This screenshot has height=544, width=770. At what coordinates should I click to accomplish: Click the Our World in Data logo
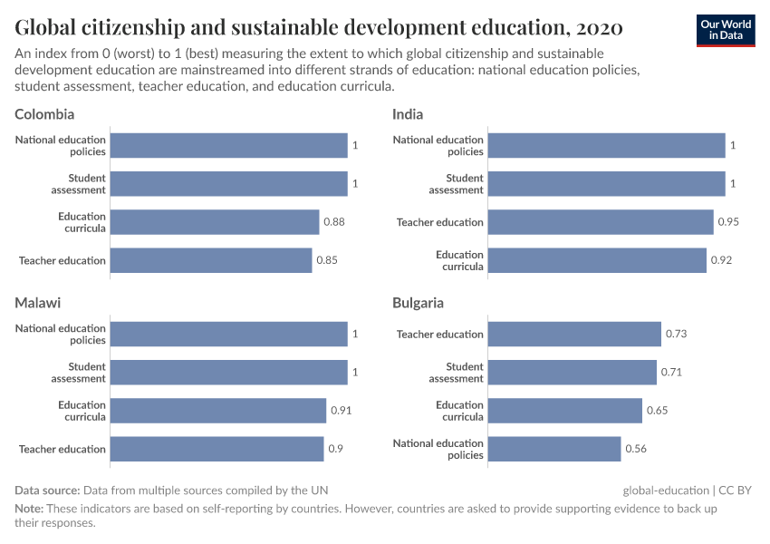[726, 29]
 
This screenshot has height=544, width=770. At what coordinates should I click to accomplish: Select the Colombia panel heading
[44, 114]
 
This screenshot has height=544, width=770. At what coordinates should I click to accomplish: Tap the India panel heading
[408, 114]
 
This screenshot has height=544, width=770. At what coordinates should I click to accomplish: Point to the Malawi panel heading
[37, 303]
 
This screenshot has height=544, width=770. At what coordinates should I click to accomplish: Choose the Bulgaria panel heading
[418, 303]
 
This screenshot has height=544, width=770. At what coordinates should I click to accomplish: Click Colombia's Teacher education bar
[211, 260]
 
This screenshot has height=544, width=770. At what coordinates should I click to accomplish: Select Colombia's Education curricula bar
[215, 222]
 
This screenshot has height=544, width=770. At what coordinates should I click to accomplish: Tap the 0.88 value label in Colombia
[334, 222]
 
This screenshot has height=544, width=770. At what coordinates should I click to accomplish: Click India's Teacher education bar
[601, 222]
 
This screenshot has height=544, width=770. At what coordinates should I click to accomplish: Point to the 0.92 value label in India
[721, 260]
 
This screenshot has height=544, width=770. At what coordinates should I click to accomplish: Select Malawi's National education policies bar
[228, 334]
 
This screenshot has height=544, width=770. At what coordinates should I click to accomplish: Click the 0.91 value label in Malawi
[341, 411]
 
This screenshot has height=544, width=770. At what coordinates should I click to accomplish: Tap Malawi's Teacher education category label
[62, 449]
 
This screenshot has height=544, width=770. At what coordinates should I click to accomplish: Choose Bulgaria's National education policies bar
[554, 449]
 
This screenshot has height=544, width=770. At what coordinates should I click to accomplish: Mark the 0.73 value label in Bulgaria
[676, 334]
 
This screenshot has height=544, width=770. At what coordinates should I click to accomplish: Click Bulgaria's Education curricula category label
[459, 411]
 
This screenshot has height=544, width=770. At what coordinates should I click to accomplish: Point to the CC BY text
[735, 491]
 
